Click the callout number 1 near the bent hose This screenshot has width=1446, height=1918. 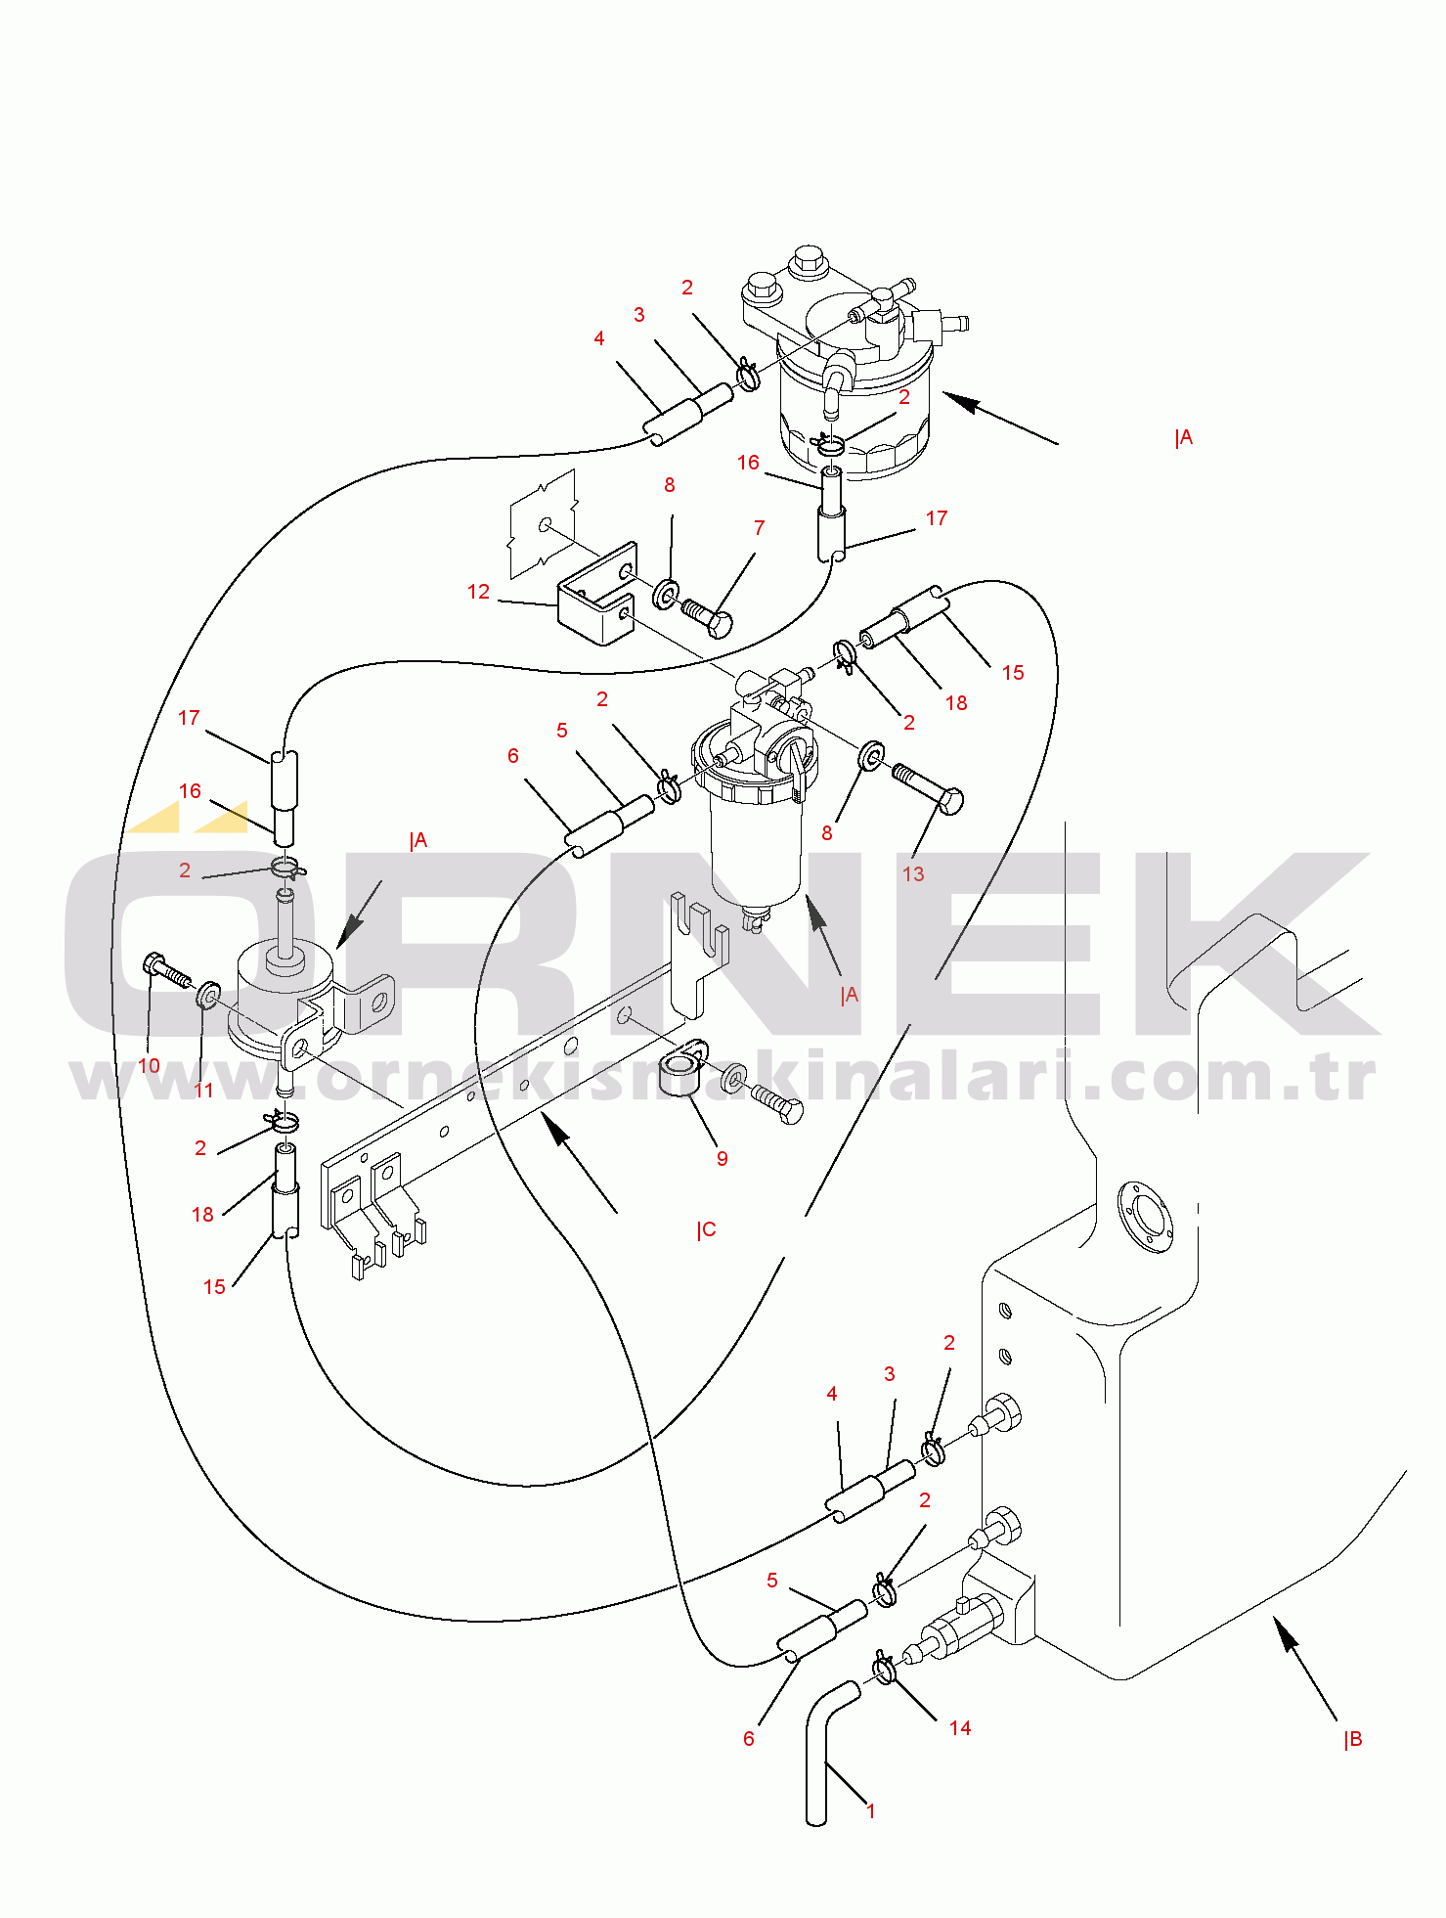pyautogui.click(x=871, y=1810)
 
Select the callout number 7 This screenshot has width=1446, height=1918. pyautogui.click(x=760, y=528)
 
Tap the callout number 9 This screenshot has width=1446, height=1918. pyautogui.click(x=723, y=1159)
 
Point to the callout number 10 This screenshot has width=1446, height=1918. pyautogui.click(x=150, y=1066)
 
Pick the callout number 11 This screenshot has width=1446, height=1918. pyautogui.click(x=203, y=1091)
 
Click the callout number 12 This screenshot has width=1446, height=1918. pyautogui.click(x=478, y=592)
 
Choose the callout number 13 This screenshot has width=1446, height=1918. pyautogui.click(x=913, y=874)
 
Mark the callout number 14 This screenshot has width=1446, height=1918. pyautogui.click(x=960, y=1728)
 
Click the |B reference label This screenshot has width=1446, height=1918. pyautogui.click(x=1353, y=1739)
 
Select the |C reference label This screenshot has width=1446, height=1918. pyautogui.click(x=707, y=1229)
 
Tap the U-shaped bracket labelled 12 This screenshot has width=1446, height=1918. pyautogui.click(x=597, y=595)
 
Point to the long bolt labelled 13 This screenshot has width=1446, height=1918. pyautogui.click(x=927, y=786)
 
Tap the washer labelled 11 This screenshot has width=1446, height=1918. pyautogui.click(x=208, y=997)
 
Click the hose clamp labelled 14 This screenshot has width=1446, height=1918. pyautogui.click(x=884, y=1668)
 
